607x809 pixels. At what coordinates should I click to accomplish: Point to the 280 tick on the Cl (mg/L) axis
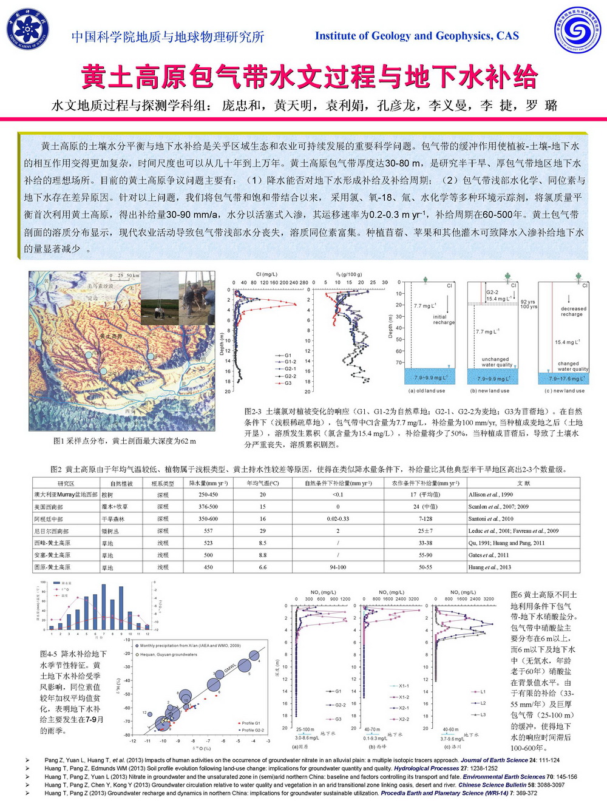(x=303, y=282)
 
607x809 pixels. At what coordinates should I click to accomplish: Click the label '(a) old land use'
(x=427, y=390)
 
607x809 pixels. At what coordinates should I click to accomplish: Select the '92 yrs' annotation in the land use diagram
(x=527, y=302)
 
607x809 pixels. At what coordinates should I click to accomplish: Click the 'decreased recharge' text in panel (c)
(x=574, y=311)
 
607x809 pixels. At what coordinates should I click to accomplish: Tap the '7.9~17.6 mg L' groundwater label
(x=568, y=378)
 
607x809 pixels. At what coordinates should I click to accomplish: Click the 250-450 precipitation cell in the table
(x=208, y=494)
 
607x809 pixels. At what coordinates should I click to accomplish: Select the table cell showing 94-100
(x=337, y=567)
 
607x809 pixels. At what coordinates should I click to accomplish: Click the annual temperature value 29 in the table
(x=262, y=530)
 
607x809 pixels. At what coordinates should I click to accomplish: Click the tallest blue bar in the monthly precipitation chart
(x=104, y=606)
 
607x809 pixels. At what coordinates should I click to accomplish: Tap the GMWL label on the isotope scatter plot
(x=230, y=668)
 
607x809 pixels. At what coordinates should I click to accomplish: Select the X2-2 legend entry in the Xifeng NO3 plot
(x=404, y=719)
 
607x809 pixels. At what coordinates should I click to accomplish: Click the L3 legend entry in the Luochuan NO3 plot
(x=483, y=714)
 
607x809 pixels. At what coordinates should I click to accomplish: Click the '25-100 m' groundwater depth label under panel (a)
(x=305, y=729)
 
